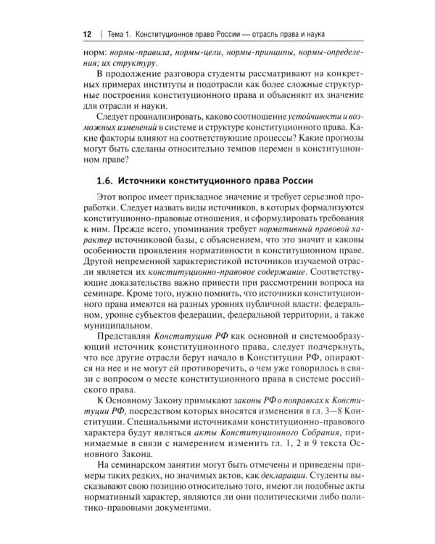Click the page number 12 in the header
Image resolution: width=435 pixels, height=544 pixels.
tap(87, 34)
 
